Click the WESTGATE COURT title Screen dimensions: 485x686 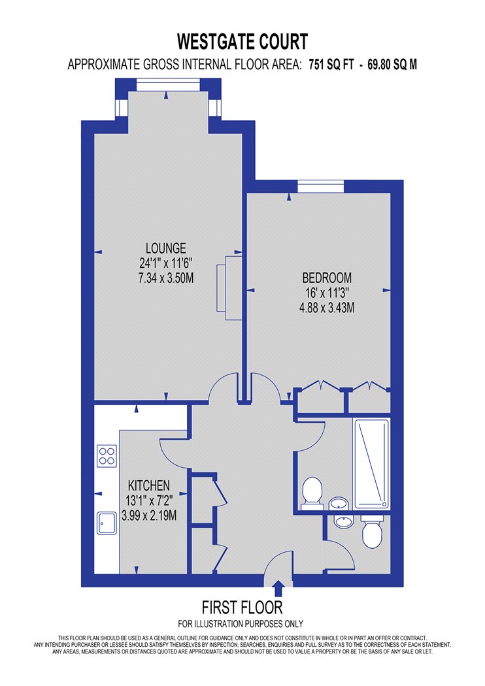tap(242, 42)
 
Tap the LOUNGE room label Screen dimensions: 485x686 tap(166, 248)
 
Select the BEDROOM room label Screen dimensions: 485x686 tap(327, 278)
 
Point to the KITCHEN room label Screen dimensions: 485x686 tap(149, 485)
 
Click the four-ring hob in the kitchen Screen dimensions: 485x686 tap(107, 455)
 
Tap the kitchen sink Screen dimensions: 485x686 tap(107, 523)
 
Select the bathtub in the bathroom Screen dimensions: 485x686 tap(371, 464)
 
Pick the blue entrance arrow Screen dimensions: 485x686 tap(278, 589)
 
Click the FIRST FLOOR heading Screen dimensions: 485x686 tap(242, 608)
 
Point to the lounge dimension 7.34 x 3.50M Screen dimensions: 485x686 tap(166, 278)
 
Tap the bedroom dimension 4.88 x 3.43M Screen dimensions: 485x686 tap(327, 308)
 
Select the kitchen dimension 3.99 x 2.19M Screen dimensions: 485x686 tap(149, 515)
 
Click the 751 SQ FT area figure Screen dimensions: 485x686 tap(331, 65)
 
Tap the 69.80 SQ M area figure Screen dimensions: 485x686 tap(392, 65)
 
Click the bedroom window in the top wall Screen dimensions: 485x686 tap(320, 187)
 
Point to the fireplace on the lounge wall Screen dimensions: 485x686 tap(229, 288)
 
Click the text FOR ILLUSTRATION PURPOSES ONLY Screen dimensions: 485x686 tap(241, 624)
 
